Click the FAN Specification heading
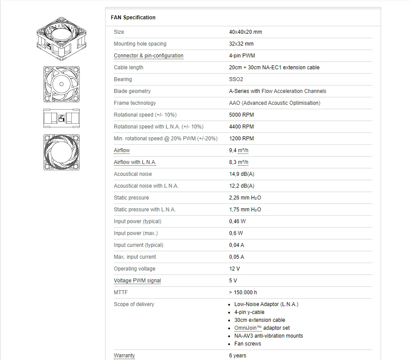coord(133,18)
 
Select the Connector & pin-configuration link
coord(148,56)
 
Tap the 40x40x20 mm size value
coord(245,32)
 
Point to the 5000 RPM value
coord(241,115)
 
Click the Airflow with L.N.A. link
coord(135,162)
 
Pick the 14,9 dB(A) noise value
coord(241,174)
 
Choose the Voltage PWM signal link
coord(137,281)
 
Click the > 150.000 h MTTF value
coord(243,292)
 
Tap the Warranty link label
coord(124,356)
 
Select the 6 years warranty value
coord(237,356)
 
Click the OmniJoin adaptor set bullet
coord(262,328)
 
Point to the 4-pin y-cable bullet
coord(249,312)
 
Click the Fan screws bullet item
coord(247,344)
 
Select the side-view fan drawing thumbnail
coord(61,117)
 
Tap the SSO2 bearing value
coord(236,79)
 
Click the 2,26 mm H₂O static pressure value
coord(245,198)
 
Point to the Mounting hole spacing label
coord(140,44)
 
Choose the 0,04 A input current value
coord(237,245)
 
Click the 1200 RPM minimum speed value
coord(241,139)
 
